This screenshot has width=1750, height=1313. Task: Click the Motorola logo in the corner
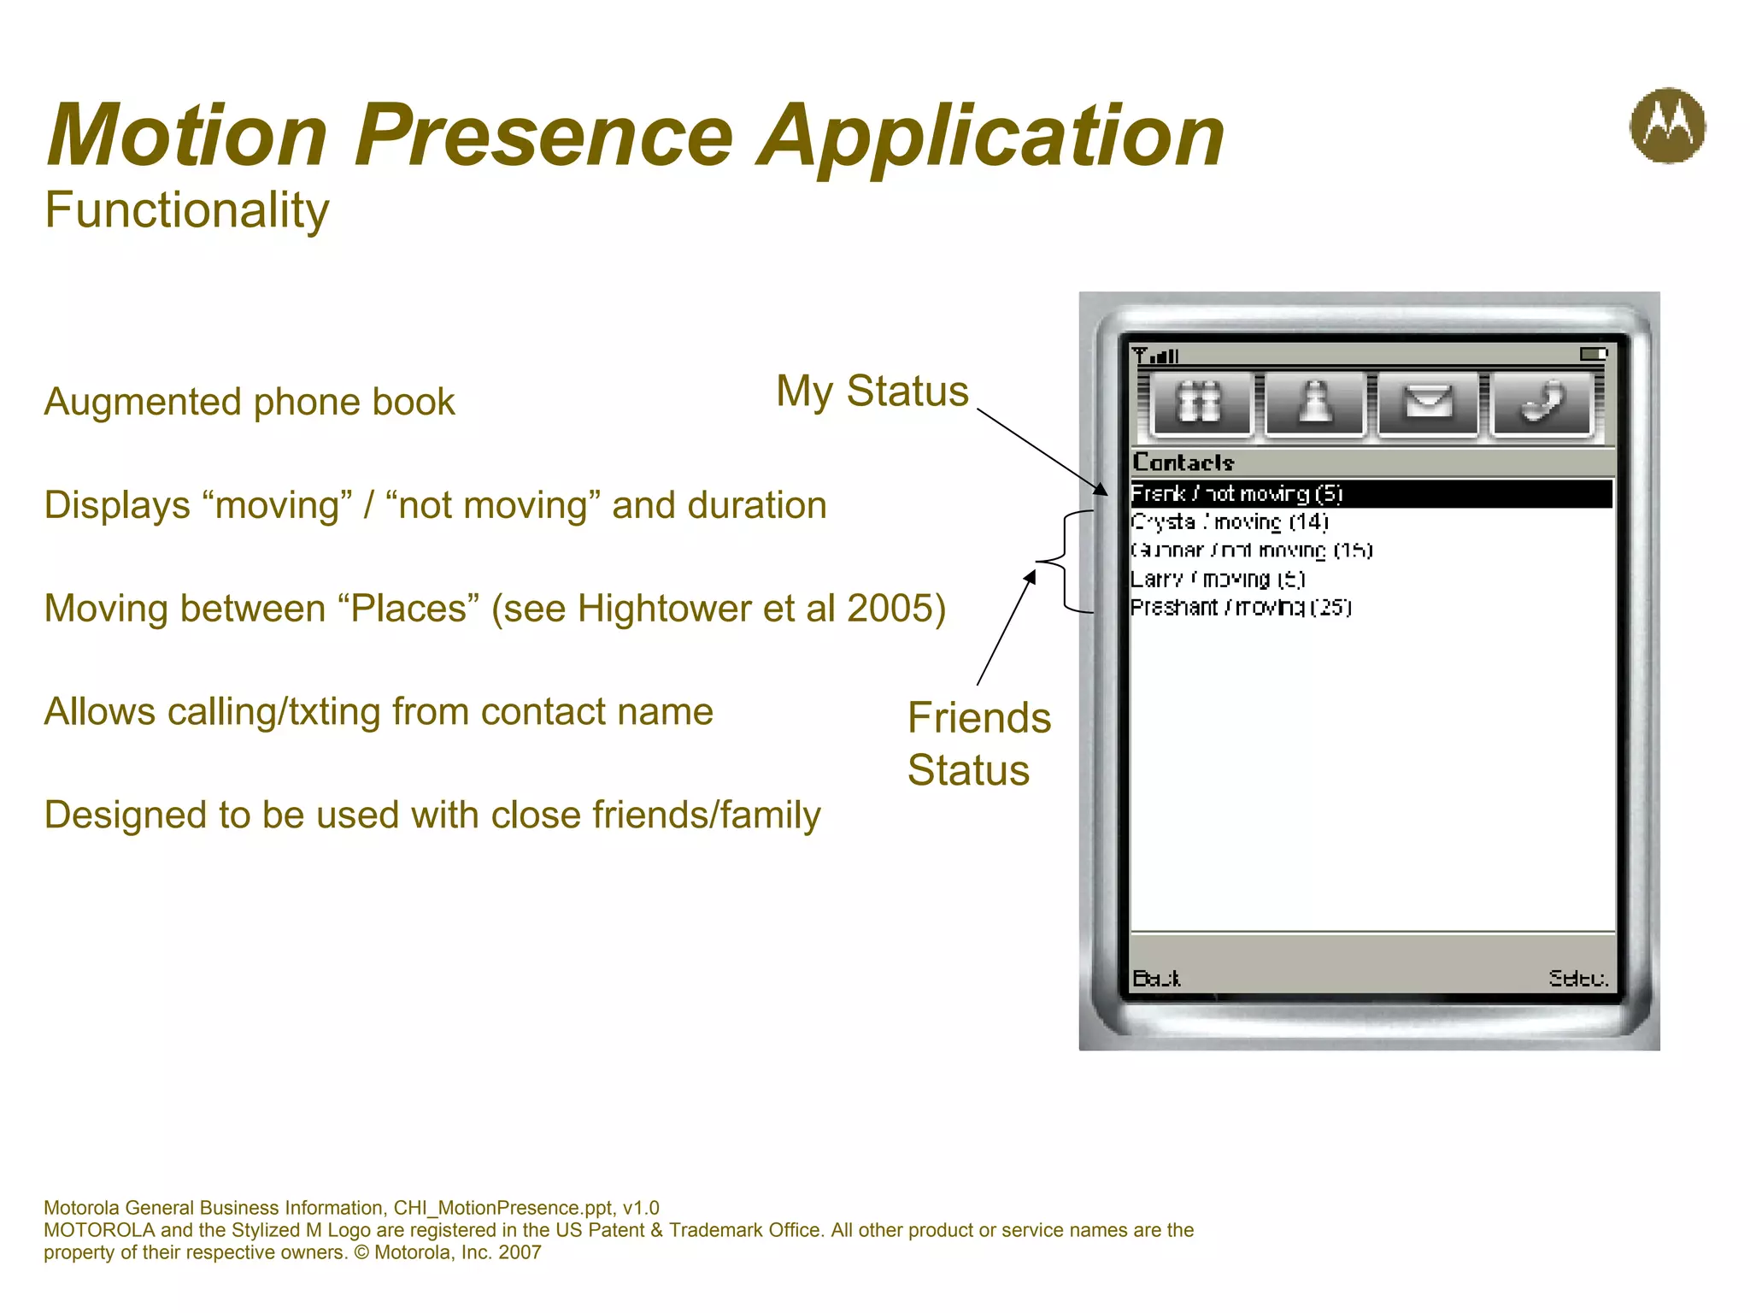(x=1667, y=126)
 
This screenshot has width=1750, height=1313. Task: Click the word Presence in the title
(x=544, y=135)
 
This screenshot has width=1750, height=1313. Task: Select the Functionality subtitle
(x=186, y=210)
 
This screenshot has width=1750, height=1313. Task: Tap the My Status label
(x=872, y=392)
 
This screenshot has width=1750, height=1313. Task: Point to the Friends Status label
(x=978, y=744)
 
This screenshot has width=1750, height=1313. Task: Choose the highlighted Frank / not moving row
(x=1236, y=494)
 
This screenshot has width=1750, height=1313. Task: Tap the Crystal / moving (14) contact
(x=1230, y=522)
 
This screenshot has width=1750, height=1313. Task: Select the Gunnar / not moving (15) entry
(x=1251, y=551)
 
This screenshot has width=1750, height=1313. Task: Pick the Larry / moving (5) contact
(x=1218, y=580)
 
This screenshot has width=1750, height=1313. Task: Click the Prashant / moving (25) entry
(x=1241, y=608)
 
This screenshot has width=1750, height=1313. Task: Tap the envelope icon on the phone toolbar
(x=1428, y=403)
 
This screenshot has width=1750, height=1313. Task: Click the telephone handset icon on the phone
(x=1541, y=403)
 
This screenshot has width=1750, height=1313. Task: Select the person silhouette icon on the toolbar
(x=1314, y=403)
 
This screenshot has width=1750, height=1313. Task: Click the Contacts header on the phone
(x=1183, y=462)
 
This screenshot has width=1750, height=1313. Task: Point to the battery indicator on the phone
(x=1593, y=354)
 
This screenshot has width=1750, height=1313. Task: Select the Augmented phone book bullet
(x=250, y=402)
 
